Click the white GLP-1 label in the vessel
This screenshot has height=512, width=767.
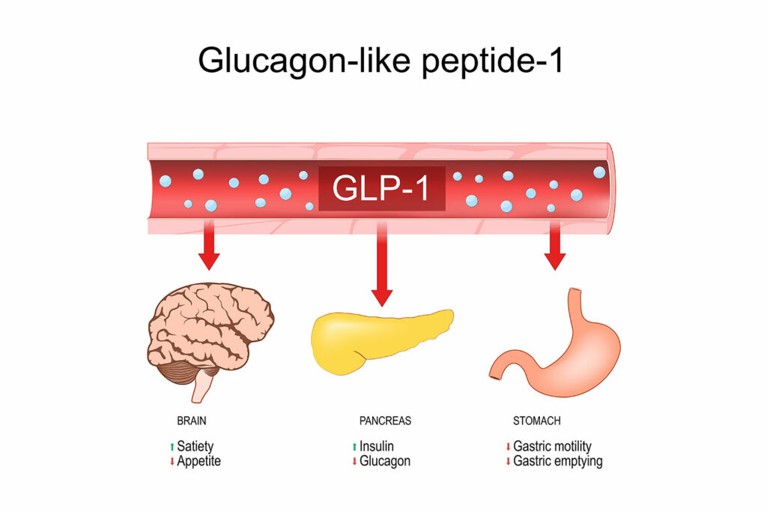(381, 188)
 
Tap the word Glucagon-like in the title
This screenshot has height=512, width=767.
(304, 61)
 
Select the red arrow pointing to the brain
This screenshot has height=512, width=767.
(209, 245)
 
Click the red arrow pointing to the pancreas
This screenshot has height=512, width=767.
(382, 265)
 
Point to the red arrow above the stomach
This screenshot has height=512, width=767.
(555, 245)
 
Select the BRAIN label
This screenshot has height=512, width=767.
(192, 421)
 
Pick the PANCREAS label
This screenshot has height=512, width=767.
(386, 421)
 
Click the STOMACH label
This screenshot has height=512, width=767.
(536, 421)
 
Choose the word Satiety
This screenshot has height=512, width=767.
(195, 447)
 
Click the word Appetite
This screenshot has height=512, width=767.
(199, 461)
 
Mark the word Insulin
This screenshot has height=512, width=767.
(377, 447)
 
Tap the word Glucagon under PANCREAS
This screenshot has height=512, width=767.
(385, 461)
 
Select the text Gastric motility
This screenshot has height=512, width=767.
(552, 447)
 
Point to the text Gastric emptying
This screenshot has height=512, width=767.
(557, 461)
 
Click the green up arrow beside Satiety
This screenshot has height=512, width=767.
(172, 447)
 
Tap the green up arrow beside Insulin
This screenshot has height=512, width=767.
(354, 447)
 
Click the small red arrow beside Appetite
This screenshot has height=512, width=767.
(172, 461)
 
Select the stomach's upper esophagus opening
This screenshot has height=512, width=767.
(576, 292)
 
